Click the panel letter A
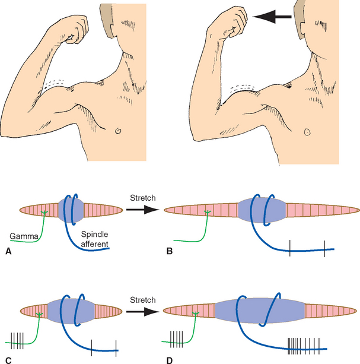coord(8,251)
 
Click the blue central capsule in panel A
coord(72,210)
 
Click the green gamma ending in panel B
coord(208,212)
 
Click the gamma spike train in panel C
coord(17,340)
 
